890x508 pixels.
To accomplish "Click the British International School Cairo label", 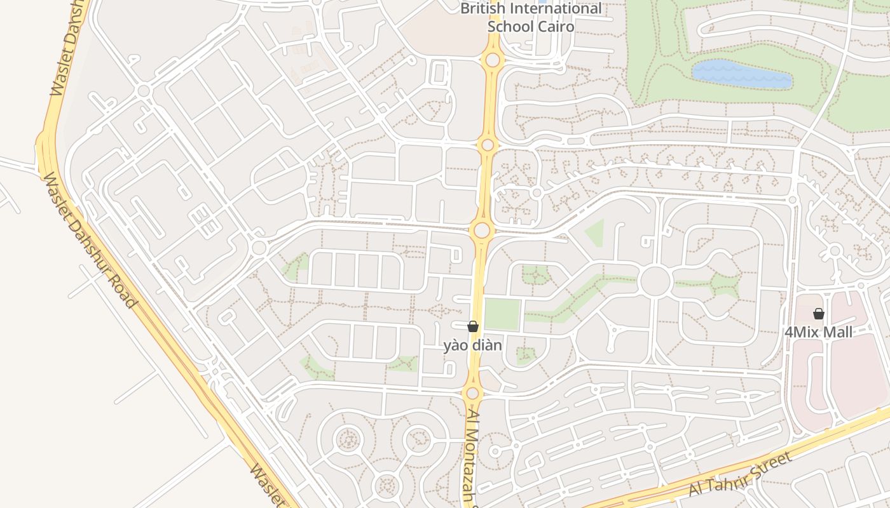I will pos(531,18).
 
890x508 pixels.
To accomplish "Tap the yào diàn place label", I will pos(473,346).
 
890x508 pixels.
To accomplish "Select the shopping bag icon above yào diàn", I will pos(473,326).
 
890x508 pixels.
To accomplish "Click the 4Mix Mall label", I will pos(818,332).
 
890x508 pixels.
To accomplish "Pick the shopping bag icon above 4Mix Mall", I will pos(819,314).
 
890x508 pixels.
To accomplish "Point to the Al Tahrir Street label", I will pos(741,475).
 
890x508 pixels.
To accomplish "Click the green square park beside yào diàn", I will pos(502,314).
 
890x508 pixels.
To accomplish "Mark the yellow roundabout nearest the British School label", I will pos(492,60).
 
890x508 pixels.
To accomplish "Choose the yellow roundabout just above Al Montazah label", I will pos(472,393).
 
